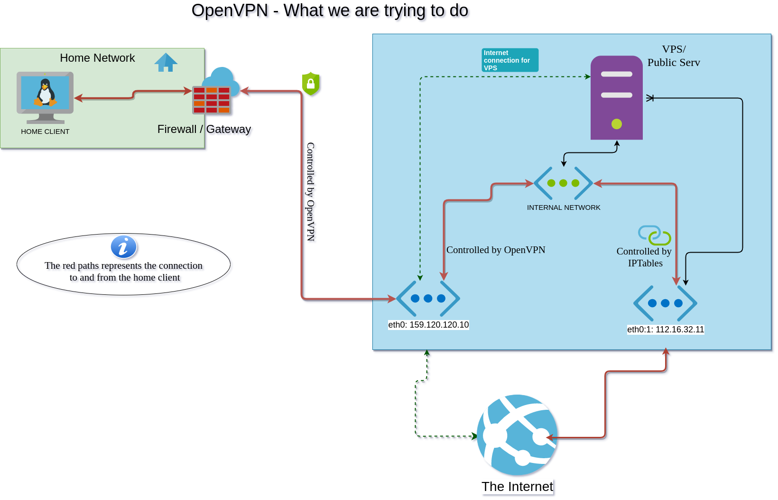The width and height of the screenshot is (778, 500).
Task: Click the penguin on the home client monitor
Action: point(45,92)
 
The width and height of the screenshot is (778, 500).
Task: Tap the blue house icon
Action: point(166,62)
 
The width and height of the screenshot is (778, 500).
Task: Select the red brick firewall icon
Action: point(212,100)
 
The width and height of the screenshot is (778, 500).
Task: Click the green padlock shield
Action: point(311,84)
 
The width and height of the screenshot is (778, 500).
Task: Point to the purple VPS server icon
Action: point(616,97)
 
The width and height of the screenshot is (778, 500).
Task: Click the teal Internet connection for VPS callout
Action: point(509,60)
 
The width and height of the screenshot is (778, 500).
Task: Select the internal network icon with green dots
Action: point(563,183)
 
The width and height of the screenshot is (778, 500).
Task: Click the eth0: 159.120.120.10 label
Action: point(428,325)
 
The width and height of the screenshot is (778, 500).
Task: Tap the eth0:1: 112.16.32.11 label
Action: point(666,330)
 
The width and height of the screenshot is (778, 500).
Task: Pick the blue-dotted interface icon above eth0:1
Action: point(665,303)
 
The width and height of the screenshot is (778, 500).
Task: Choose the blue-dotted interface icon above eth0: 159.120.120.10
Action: point(428,299)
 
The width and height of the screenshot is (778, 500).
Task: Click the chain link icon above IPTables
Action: point(654,235)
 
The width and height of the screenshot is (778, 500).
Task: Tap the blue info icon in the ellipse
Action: point(124,247)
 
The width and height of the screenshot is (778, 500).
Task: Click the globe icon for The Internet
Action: point(517,434)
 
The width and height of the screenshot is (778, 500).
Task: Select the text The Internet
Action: point(517,487)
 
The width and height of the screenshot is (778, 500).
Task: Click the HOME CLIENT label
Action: point(45,132)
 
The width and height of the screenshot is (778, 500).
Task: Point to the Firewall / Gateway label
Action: point(204,129)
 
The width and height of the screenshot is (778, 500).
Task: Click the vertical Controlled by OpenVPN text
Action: point(310,192)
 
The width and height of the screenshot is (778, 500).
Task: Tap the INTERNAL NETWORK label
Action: point(564,208)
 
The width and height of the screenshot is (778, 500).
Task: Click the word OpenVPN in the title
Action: point(230,10)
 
